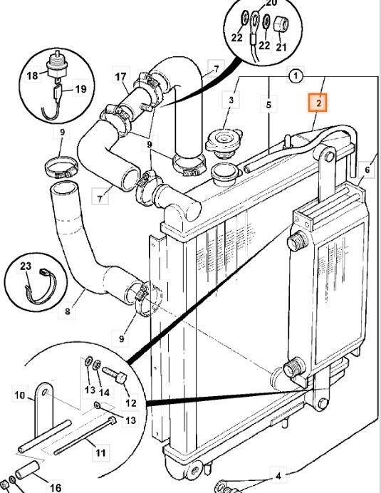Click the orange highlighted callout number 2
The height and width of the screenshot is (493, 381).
(318, 103)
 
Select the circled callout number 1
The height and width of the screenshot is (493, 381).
(295, 76)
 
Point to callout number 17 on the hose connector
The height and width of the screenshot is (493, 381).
(120, 77)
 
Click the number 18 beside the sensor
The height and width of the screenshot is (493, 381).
(32, 76)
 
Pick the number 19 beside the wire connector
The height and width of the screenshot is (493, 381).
(80, 89)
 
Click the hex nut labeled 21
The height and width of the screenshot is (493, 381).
(280, 24)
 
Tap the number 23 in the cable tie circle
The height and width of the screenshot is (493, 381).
(26, 266)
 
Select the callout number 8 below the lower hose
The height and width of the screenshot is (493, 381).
(67, 312)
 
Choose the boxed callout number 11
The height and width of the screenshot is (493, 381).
(100, 453)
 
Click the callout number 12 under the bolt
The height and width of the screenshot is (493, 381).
(131, 403)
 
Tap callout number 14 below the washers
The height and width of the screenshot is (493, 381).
(104, 393)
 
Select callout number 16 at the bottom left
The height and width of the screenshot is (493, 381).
(56, 487)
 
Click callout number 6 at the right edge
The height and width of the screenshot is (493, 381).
(367, 170)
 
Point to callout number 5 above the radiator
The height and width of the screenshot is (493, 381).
(268, 105)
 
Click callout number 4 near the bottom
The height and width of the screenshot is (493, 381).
(278, 477)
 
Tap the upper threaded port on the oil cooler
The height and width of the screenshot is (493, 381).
(297, 241)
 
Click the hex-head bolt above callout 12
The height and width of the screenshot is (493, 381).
(114, 374)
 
